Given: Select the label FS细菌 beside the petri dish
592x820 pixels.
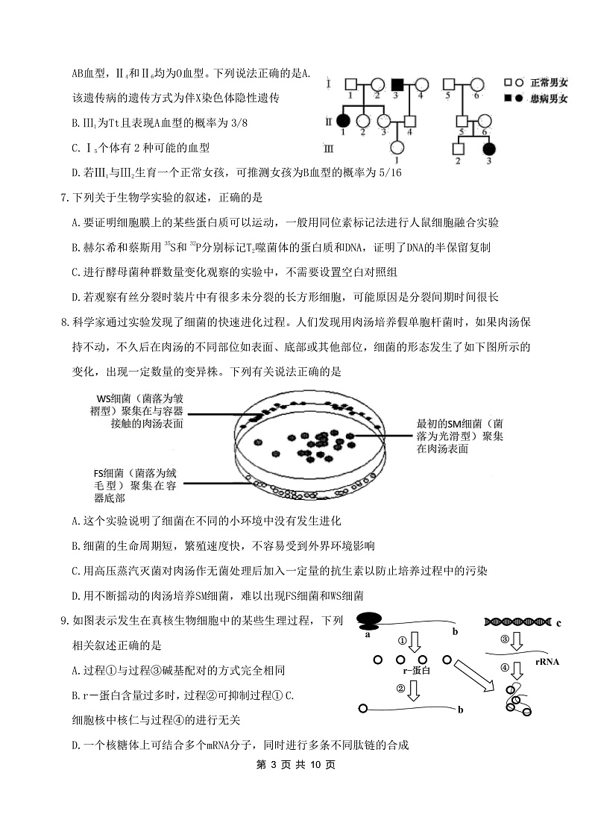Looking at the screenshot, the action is [x=110, y=472].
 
